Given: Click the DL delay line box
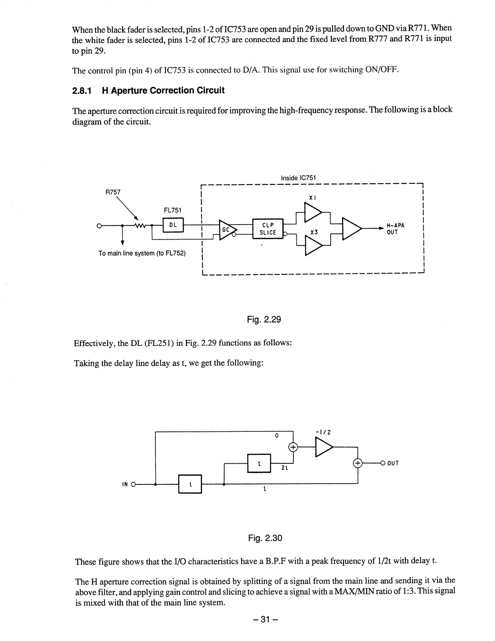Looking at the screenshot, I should click(173, 225).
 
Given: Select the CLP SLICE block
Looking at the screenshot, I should click(268, 229).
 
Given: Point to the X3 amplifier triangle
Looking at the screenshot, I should click(312, 246).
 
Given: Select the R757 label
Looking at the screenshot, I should click(113, 192).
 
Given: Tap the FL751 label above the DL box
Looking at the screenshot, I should click(172, 210).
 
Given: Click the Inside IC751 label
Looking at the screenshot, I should click(299, 178).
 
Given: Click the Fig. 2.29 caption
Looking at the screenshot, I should click(264, 320).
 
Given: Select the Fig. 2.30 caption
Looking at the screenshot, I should click(265, 538).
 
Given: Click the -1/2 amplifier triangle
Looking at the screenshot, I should click(323, 447).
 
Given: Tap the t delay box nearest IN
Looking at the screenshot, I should click(190, 484).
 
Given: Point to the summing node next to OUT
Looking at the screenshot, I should click(358, 463).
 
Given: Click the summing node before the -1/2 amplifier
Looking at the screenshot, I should click(293, 447).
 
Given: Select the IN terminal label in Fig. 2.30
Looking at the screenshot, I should click(125, 484).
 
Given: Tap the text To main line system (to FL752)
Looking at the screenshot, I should click(142, 253).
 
